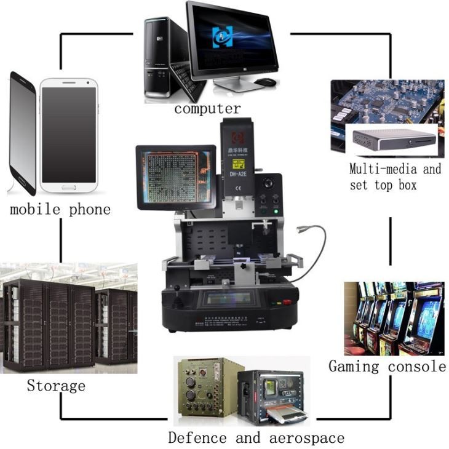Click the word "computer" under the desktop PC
(207, 109)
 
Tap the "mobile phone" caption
(60, 209)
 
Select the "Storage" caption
(56, 386)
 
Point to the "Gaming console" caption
(387, 367)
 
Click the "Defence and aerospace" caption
(256, 438)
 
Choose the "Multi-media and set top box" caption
(395, 177)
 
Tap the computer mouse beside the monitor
(264, 82)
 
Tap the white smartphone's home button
(69, 186)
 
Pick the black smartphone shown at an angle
(22, 132)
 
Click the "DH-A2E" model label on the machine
(238, 174)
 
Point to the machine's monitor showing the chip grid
(176, 178)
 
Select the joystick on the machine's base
(178, 301)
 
